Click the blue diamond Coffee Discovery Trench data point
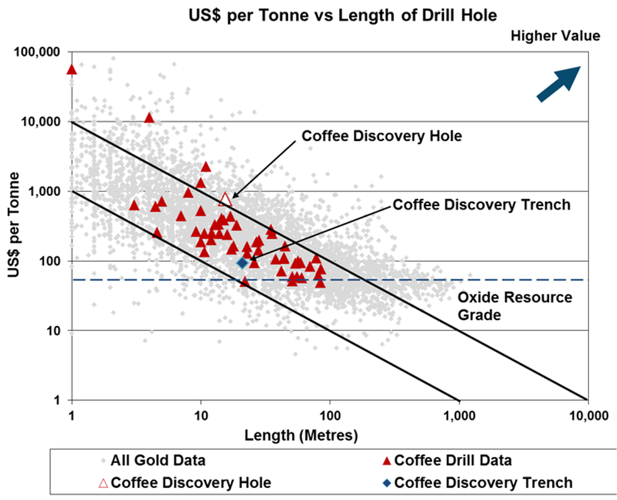pyautogui.click(x=242, y=262)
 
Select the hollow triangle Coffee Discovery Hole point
pyautogui.click(x=225, y=199)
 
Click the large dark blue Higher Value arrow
pyautogui.click(x=558, y=83)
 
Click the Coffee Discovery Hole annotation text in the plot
pyautogui.click(x=382, y=136)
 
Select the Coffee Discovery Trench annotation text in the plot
pyautogui.click(x=481, y=205)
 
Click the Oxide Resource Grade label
pyautogui.click(x=515, y=305)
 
